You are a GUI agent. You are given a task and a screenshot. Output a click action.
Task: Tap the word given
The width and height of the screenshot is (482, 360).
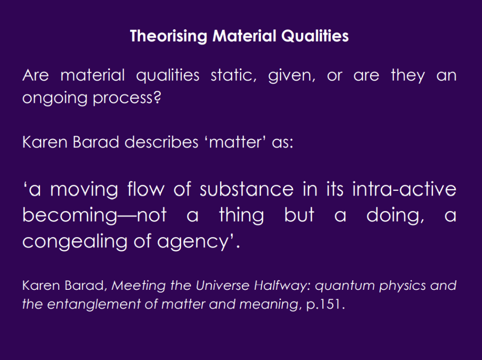[292, 76]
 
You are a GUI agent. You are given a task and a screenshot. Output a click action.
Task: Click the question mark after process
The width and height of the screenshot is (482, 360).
[157, 97]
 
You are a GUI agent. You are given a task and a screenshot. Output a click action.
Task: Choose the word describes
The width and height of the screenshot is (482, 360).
[162, 142]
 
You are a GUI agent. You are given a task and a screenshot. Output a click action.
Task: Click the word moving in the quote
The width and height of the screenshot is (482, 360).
[84, 189]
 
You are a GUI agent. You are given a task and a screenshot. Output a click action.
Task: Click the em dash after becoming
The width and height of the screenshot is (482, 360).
[127, 215]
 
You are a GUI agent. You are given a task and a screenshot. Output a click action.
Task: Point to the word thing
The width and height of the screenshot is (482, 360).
[241, 215]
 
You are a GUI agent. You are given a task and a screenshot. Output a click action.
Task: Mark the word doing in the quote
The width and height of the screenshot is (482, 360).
[395, 215]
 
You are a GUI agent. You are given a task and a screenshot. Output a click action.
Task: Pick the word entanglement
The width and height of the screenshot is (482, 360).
[94, 304]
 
